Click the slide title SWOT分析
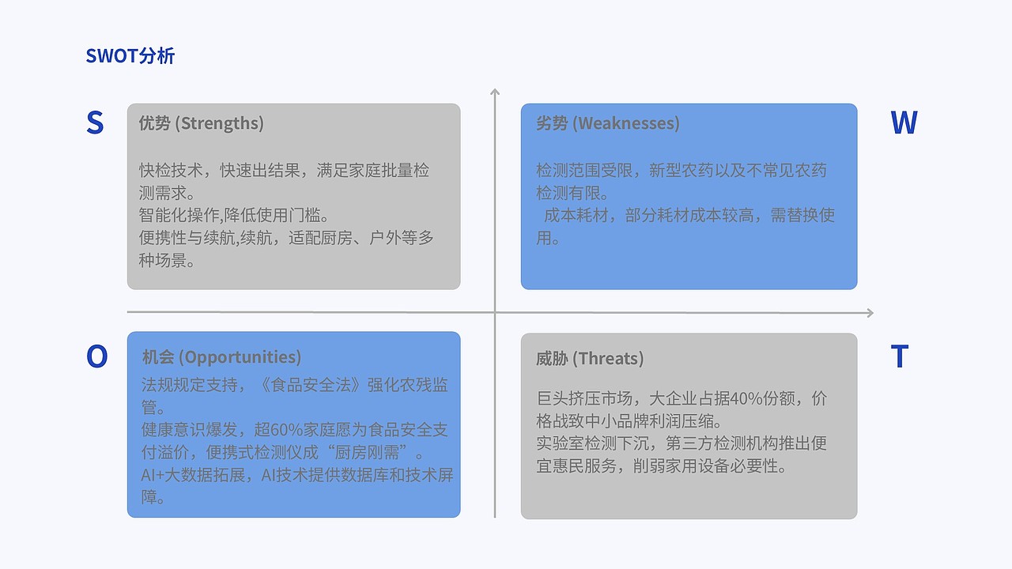tap(130, 56)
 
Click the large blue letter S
tap(95, 123)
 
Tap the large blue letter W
tap(904, 123)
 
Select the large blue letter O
tap(96, 356)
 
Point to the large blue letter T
tap(899, 357)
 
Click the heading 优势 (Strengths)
tap(201, 123)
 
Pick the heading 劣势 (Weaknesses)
tap(607, 123)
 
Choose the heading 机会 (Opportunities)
tap(221, 357)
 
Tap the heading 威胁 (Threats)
tap(590, 359)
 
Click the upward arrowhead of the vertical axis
tap(495, 92)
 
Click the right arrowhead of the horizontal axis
tap(869, 313)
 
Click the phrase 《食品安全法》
tap(315, 385)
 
